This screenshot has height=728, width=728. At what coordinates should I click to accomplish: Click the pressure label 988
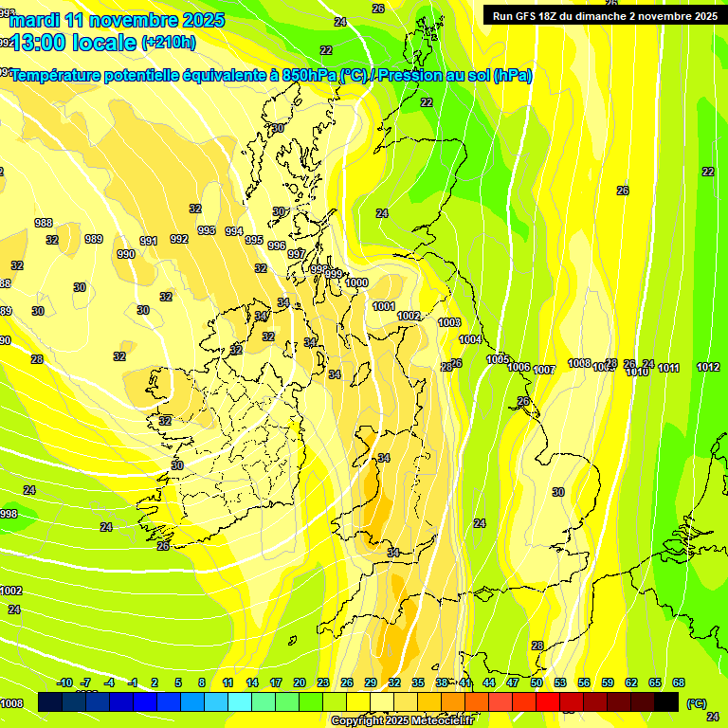pyautogui.click(x=44, y=223)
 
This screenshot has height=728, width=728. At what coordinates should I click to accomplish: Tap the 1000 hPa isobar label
pyautogui.click(x=356, y=282)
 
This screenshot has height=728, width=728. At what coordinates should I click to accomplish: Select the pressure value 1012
pyautogui.click(x=707, y=367)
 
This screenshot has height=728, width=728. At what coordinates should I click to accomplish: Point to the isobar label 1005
pyautogui.click(x=498, y=359)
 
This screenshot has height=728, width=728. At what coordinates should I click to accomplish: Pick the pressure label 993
pyautogui.click(x=207, y=230)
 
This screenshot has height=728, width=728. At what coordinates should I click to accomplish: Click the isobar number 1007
pyautogui.click(x=543, y=370)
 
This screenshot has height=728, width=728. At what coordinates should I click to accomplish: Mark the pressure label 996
pyautogui.click(x=277, y=246)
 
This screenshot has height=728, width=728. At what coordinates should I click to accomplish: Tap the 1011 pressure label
pyautogui.click(x=669, y=368)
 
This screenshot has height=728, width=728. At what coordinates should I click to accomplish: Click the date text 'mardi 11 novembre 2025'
pyautogui.click(x=118, y=20)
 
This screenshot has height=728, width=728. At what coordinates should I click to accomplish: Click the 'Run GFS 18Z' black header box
pyautogui.click(x=605, y=16)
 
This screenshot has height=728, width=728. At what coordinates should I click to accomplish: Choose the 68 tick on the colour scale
pyautogui.click(x=679, y=682)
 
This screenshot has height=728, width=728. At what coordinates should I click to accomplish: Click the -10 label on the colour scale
pyautogui.click(x=64, y=682)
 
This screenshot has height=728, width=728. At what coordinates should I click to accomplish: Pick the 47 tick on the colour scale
pyautogui.click(x=513, y=682)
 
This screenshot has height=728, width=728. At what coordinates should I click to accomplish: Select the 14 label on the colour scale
pyautogui.click(x=252, y=682)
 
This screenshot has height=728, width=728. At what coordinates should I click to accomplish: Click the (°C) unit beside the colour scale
pyautogui.click(x=697, y=702)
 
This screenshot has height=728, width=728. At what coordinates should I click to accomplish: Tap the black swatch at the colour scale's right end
pyautogui.click(x=666, y=701)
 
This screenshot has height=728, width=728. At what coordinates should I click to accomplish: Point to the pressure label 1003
pyautogui.click(x=449, y=323)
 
